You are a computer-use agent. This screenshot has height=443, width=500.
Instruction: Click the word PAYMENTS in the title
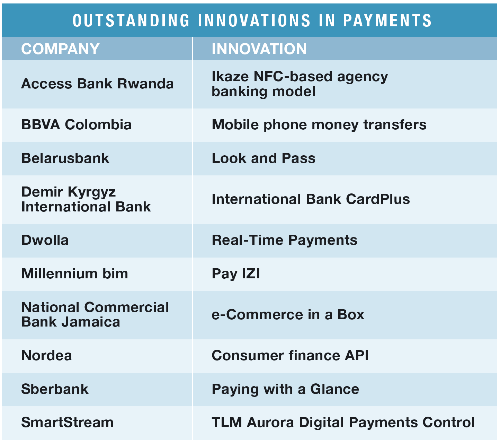click(x=387, y=20)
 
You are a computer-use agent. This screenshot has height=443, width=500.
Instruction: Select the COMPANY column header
click(x=61, y=49)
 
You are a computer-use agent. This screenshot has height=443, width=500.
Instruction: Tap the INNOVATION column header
click(x=259, y=49)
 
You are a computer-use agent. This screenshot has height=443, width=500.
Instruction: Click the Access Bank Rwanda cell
click(x=98, y=84)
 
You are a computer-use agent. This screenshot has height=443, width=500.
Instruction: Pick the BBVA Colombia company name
click(x=76, y=124)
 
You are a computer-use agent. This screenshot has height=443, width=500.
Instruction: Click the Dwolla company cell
click(x=45, y=240)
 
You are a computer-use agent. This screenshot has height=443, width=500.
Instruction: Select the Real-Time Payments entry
click(x=285, y=241)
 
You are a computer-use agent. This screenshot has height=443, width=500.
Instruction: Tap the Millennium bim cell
click(x=74, y=273)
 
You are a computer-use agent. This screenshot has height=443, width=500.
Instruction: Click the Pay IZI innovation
click(x=236, y=274)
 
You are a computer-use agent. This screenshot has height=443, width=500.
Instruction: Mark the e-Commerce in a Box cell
click(x=288, y=314)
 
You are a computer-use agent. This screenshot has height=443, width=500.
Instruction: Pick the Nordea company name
click(x=47, y=355)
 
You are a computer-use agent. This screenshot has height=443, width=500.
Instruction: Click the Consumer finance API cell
click(x=290, y=355)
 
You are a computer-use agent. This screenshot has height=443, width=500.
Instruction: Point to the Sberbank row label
click(x=55, y=389)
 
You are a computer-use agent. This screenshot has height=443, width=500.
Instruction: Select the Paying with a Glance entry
click(x=285, y=389)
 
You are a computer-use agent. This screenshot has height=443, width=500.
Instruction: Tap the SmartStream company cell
click(x=67, y=422)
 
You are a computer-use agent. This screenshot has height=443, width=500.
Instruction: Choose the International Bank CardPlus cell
click(x=311, y=199)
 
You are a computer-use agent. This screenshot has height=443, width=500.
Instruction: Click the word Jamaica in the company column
click(x=91, y=322)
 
